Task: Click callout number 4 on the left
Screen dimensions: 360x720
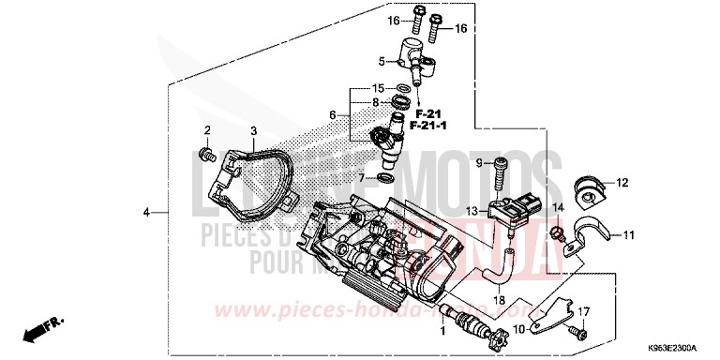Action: click(146, 214)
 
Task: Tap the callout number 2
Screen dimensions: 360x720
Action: click(207, 129)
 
